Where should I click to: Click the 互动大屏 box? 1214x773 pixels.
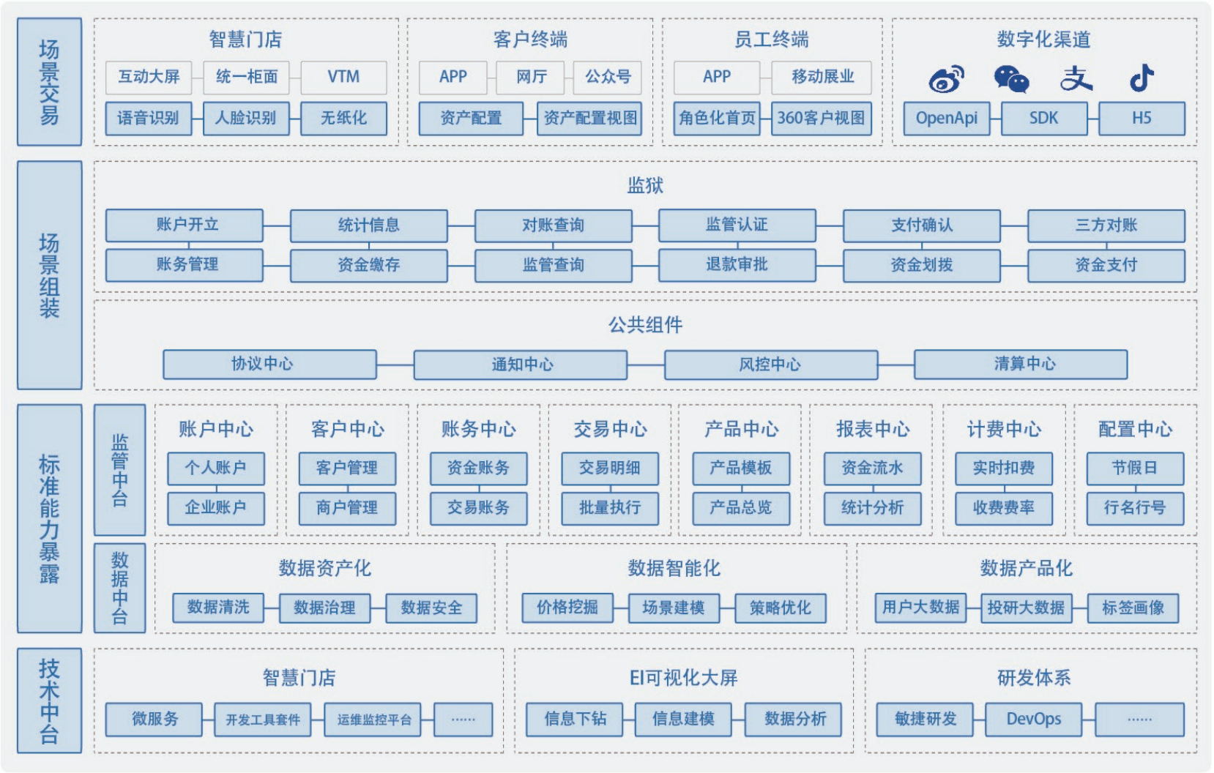(149, 77)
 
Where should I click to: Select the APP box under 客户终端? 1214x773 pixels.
(453, 77)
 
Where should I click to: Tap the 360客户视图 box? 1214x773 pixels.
(821, 118)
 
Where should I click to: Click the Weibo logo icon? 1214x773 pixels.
(945, 79)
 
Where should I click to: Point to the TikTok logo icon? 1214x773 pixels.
(1141, 78)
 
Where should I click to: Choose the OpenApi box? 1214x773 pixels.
(946, 118)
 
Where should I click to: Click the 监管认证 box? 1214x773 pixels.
(737, 225)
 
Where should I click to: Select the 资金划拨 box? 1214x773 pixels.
(921, 265)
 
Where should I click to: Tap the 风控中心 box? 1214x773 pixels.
(770, 364)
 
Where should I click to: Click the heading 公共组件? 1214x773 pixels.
(645, 324)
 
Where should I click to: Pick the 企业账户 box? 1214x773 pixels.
(215, 507)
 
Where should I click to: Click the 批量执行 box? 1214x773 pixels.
(609, 507)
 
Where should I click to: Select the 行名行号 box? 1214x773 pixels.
(1134, 507)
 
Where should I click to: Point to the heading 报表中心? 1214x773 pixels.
(872, 429)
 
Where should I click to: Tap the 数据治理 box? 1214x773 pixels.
(324, 608)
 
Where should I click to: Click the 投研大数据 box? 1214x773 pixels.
(1026, 608)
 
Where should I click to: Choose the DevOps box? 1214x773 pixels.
(1033, 719)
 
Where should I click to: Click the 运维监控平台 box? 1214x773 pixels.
(374, 720)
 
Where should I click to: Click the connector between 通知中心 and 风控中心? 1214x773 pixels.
(645, 365)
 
